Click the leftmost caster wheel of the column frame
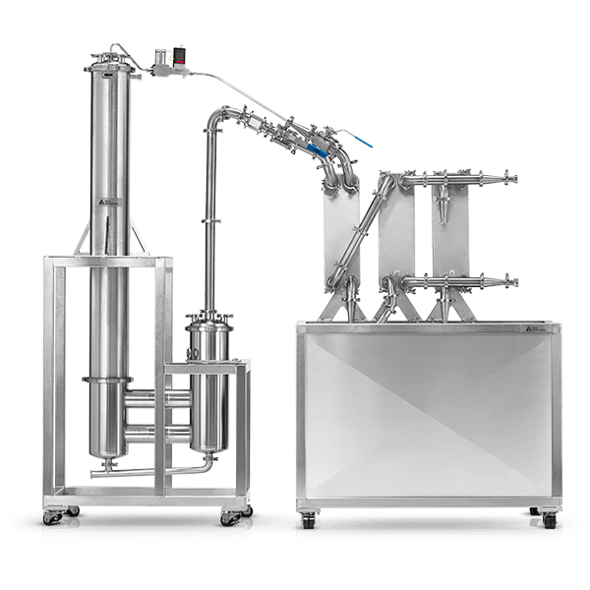pos(50,514)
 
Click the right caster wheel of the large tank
pos(546,519)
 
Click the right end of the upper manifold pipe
pos(510,178)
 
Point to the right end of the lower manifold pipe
pos(510,282)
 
